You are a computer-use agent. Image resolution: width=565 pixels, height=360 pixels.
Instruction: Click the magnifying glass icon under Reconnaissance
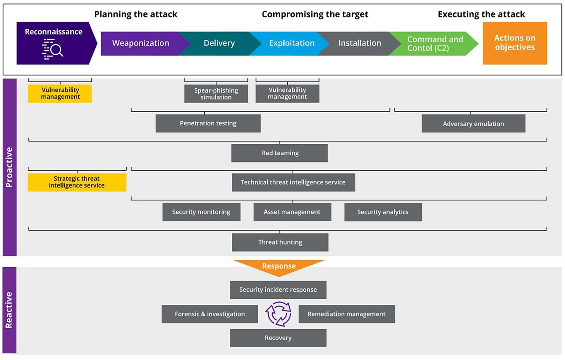[x=53, y=49]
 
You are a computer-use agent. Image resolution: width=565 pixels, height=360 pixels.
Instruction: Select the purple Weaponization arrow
[x=140, y=43]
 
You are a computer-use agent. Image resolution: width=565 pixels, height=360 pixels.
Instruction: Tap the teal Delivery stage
[x=219, y=43]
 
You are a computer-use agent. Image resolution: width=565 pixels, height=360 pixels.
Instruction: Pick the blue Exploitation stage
[x=292, y=43]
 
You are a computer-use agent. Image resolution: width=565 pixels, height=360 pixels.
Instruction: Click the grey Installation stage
[x=360, y=43]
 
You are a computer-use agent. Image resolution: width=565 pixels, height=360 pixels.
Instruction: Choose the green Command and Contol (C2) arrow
[x=435, y=43]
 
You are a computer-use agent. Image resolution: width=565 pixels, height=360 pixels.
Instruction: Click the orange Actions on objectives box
[x=515, y=43]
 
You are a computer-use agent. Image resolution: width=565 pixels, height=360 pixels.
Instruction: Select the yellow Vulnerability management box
[x=60, y=94]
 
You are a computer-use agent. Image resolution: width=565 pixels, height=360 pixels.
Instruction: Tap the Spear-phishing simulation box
[x=216, y=94]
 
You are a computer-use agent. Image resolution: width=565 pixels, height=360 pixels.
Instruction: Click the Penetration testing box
[x=208, y=124]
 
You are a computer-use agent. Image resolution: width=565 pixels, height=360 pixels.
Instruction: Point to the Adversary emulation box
[x=473, y=124]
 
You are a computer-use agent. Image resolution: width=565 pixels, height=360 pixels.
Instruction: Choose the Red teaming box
[x=279, y=153]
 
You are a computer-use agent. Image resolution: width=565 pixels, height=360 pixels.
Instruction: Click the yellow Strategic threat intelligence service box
[x=77, y=182]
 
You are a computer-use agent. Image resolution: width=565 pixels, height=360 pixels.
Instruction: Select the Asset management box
[x=292, y=212]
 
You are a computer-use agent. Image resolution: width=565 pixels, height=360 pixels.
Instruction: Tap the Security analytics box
[x=383, y=212]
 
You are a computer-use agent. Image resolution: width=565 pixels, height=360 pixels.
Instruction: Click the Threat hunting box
[x=280, y=242]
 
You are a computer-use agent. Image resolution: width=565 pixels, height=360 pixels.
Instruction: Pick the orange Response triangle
[x=279, y=267]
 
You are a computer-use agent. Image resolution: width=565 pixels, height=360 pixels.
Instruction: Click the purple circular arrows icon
[x=278, y=314]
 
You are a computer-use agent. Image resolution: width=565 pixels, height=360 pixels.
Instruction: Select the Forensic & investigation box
[x=210, y=314]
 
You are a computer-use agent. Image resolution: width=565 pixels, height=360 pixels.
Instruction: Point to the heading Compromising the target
[x=315, y=14]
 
